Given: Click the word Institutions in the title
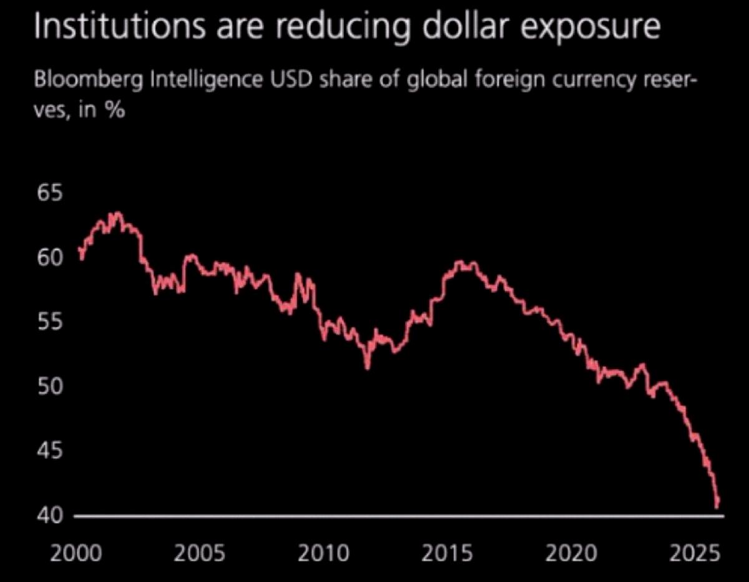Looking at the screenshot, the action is click(120, 27).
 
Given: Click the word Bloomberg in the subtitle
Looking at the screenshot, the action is click(89, 80).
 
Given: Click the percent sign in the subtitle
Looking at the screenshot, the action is click(115, 111).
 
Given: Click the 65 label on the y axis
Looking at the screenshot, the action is click(51, 193).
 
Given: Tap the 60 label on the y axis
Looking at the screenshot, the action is click(51, 257).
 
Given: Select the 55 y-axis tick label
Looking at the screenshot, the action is click(51, 322).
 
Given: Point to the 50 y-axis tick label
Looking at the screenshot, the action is click(51, 387).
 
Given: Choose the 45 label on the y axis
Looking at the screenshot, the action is click(51, 451).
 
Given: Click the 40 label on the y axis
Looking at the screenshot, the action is click(51, 516).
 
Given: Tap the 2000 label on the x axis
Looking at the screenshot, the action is click(76, 553).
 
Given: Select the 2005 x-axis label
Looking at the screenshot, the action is click(200, 553).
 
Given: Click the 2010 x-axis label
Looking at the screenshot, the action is click(324, 553).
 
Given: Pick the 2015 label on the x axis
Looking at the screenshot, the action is click(448, 553).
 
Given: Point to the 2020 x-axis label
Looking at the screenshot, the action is click(571, 553).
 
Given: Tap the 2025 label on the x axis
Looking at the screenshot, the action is click(695, 553).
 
